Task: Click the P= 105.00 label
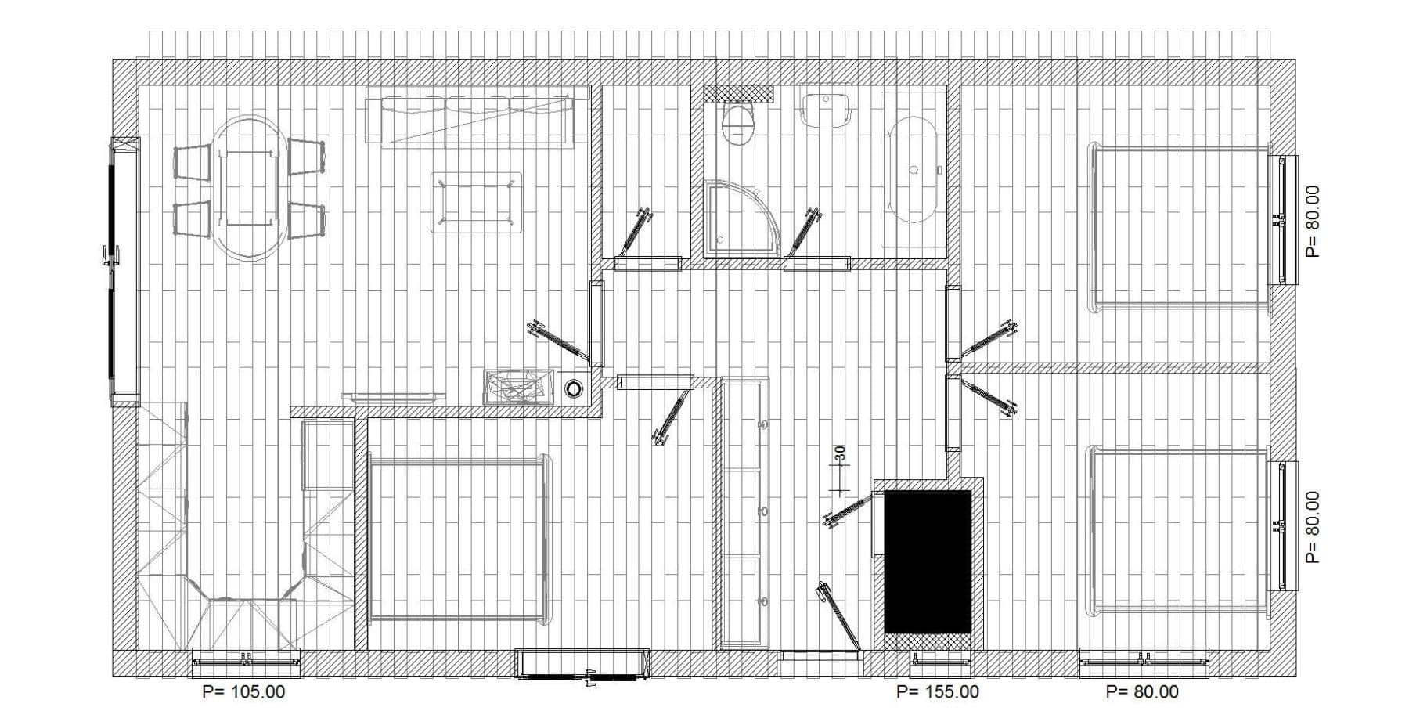(243, 692)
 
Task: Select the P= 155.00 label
(937, 692)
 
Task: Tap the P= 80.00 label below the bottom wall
(1142, 692)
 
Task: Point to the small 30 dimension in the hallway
(840, 453)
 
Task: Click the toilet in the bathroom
(737, 125)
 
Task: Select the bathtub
(913, 170)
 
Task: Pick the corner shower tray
(741, 218)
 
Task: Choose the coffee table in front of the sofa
(476, 202)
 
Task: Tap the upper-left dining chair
(192, 162)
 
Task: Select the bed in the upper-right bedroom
(1178, 228)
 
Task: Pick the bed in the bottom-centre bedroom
(458, 540)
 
